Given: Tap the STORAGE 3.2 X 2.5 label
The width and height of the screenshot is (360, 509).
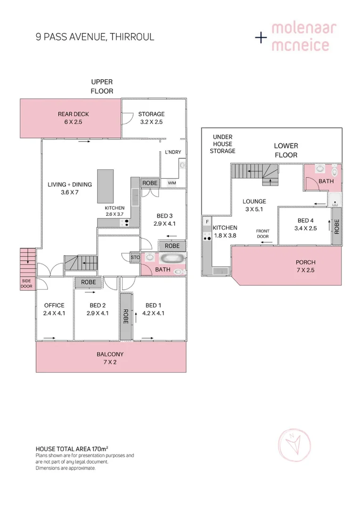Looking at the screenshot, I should pos(151,118).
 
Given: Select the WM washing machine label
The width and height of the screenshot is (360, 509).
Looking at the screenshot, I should pos(172,182).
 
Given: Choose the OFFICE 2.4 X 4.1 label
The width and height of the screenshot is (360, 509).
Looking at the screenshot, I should pos(54,309).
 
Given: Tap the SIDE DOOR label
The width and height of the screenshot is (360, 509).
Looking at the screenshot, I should pos(26,283).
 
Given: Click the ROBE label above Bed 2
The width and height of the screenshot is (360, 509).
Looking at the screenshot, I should pos(89,282).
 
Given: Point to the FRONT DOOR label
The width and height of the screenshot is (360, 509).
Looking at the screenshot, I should pos(262,234).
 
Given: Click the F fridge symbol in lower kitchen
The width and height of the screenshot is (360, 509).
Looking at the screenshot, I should pos(206,221).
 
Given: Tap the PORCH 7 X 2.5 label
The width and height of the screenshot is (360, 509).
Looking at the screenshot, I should pos(305,266).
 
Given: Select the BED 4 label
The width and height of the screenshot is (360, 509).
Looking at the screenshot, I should pos(305,224).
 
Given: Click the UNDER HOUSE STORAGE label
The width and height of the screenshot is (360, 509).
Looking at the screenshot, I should pos(222,144).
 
